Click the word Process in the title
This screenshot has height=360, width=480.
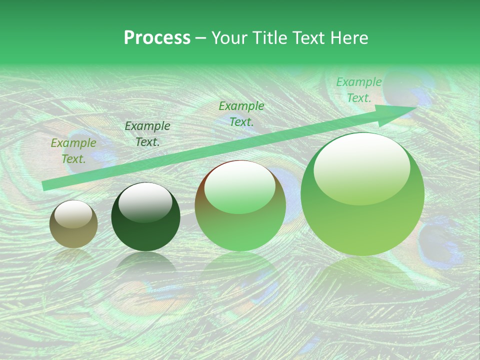click(157, 38)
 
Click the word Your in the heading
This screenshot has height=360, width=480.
click(228, 38)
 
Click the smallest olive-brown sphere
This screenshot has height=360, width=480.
click(73, 224)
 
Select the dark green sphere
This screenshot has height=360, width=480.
click(145, 217)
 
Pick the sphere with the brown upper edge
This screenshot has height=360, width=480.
click(240, 205)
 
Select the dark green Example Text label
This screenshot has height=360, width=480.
click(147, 134)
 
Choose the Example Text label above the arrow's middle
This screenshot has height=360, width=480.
click(241, 113)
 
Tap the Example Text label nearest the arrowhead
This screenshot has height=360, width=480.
click(359, 90)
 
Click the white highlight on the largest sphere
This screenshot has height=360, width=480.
click(361, 167)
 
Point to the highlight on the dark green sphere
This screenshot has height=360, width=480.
click(145, 202)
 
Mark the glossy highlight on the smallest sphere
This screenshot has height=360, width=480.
click(73, 214)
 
